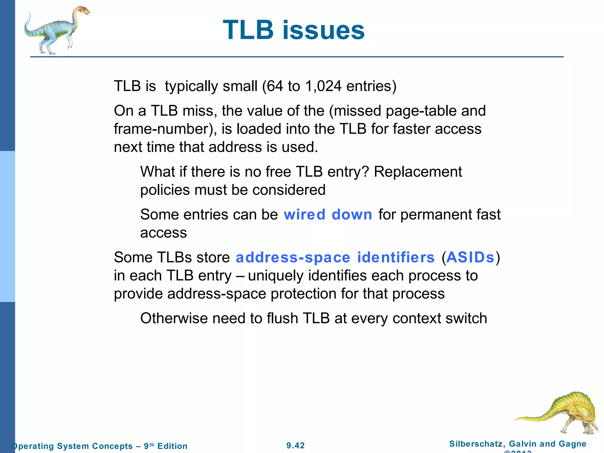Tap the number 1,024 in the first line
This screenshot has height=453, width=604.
pyautogui.click(x=324, y=86)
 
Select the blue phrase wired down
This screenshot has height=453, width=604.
pyautogui.click(x=328, y=214)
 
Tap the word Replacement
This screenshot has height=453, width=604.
pyautogui.click(x=418, y=172)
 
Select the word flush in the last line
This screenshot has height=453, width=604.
pyautogui.click(x=282, y=318)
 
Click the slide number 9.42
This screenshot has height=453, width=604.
pyautogui.click(x=296, y=445)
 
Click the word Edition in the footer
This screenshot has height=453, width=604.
pyautogui.click(x=172, y=446)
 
